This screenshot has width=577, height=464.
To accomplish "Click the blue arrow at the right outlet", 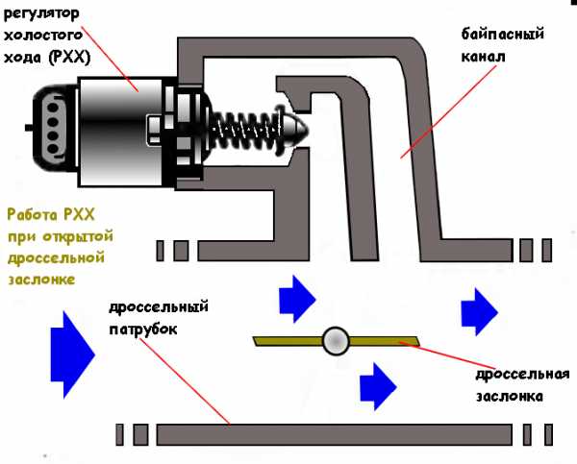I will click(479, 310).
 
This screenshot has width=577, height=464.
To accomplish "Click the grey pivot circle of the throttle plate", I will click(336, 339).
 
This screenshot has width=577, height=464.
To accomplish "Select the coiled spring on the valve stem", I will click(245, 125).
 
